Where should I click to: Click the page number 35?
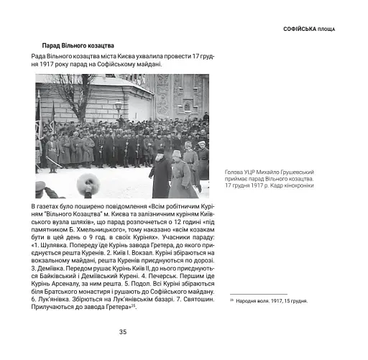pos(123,331)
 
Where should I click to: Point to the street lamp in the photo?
pos(119,106)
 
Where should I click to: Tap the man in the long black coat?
pos(162,175)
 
